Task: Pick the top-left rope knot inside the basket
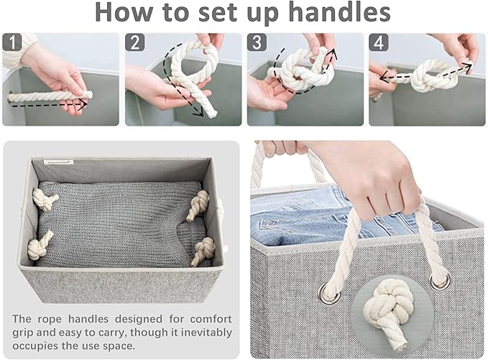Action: point(46,200)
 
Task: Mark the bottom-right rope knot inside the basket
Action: point(203,251)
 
